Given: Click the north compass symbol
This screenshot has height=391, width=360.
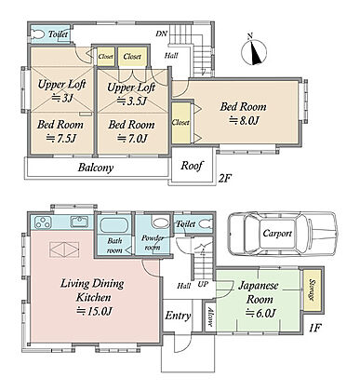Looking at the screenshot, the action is [254, 51].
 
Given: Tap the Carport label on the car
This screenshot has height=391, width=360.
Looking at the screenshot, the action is [277, 233].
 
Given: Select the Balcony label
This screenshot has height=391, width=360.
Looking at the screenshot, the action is [96, 168].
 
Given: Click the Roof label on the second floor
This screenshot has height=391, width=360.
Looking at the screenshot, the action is [192, 166].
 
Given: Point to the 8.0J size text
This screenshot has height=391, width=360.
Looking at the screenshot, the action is [244, 120].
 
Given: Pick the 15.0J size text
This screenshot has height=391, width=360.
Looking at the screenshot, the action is [94, 311].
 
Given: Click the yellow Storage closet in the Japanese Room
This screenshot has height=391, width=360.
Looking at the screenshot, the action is [312, 291].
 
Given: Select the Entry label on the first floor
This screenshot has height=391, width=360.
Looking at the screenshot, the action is [178, 317].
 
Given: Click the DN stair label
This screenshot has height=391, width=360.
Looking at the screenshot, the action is [162, 34].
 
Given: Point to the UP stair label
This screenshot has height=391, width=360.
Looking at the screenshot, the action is [203, 284].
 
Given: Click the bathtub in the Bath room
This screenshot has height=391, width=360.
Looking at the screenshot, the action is [113, 224].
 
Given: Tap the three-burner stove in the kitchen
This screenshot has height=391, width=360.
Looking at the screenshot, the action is [43, 222].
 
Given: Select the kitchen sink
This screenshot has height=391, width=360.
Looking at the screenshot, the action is [80, 222].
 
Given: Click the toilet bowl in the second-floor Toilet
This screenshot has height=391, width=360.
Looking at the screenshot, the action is [38, 34].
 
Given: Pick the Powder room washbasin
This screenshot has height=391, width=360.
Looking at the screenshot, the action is [160, 223].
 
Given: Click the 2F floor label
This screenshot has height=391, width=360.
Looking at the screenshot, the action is [225, 179].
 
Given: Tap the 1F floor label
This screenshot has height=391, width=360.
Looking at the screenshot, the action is [314, 328].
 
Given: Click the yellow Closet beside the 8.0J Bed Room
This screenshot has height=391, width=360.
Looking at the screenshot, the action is [181, 123].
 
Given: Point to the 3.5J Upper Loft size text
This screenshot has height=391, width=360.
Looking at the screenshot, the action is [132, 101].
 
